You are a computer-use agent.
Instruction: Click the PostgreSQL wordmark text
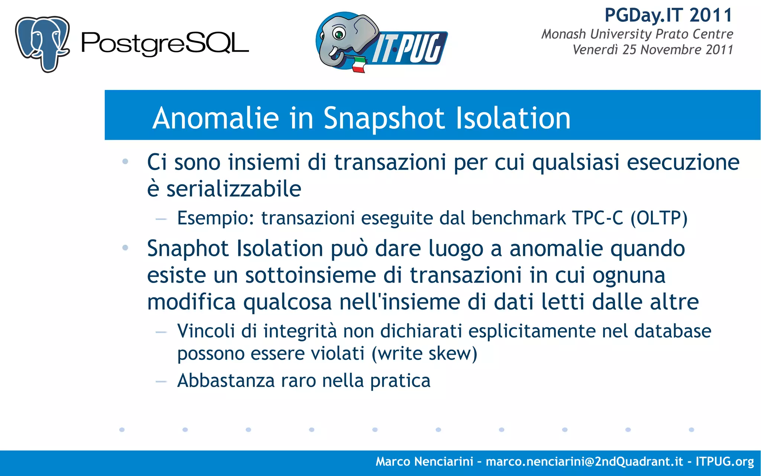[x=165, y=44]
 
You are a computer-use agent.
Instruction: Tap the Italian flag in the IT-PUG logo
[x=359, y=64]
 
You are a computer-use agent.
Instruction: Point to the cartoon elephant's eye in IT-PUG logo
[x=339, y=34]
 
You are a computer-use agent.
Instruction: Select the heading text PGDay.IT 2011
[x=668, y=16]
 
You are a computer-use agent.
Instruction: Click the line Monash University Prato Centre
[x=637, y=34]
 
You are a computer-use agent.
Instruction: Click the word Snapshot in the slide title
[x=384, y=118]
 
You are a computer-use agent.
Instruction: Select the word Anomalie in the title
[x=216, y=118]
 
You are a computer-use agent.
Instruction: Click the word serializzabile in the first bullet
[x=233, y=189]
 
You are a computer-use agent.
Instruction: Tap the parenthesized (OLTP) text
[x=659, y=218]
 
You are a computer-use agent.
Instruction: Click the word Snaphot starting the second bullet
[x=188, y=249]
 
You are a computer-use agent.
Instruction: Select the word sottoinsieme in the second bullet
[x=310, y=276]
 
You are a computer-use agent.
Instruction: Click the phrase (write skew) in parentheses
[x=424, y=354]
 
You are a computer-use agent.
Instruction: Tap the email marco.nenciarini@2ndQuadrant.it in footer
[x=584, y=461]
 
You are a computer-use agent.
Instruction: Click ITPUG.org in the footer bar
[x=724, y=461]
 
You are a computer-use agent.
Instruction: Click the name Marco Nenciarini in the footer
[x=424, y=461]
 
